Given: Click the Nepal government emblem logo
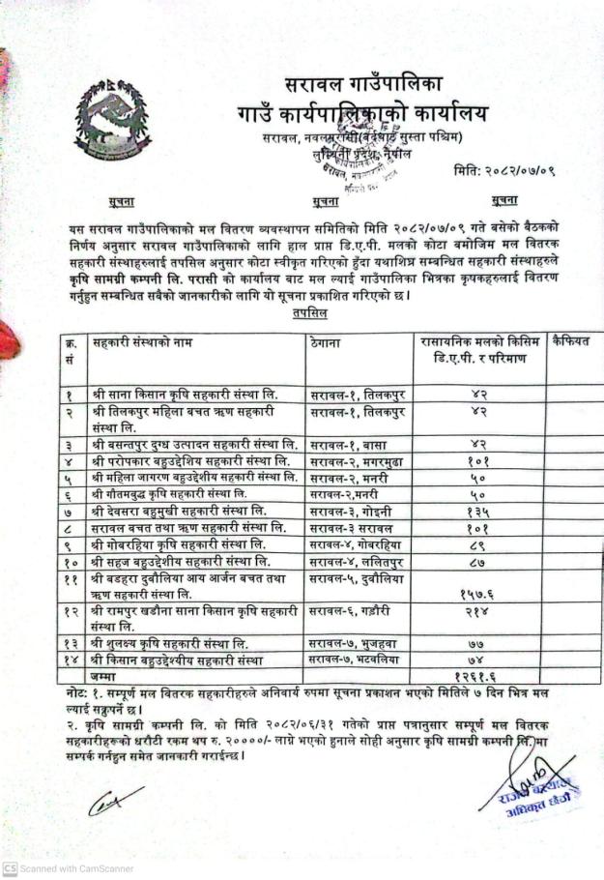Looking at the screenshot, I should [x=115, y=121].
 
